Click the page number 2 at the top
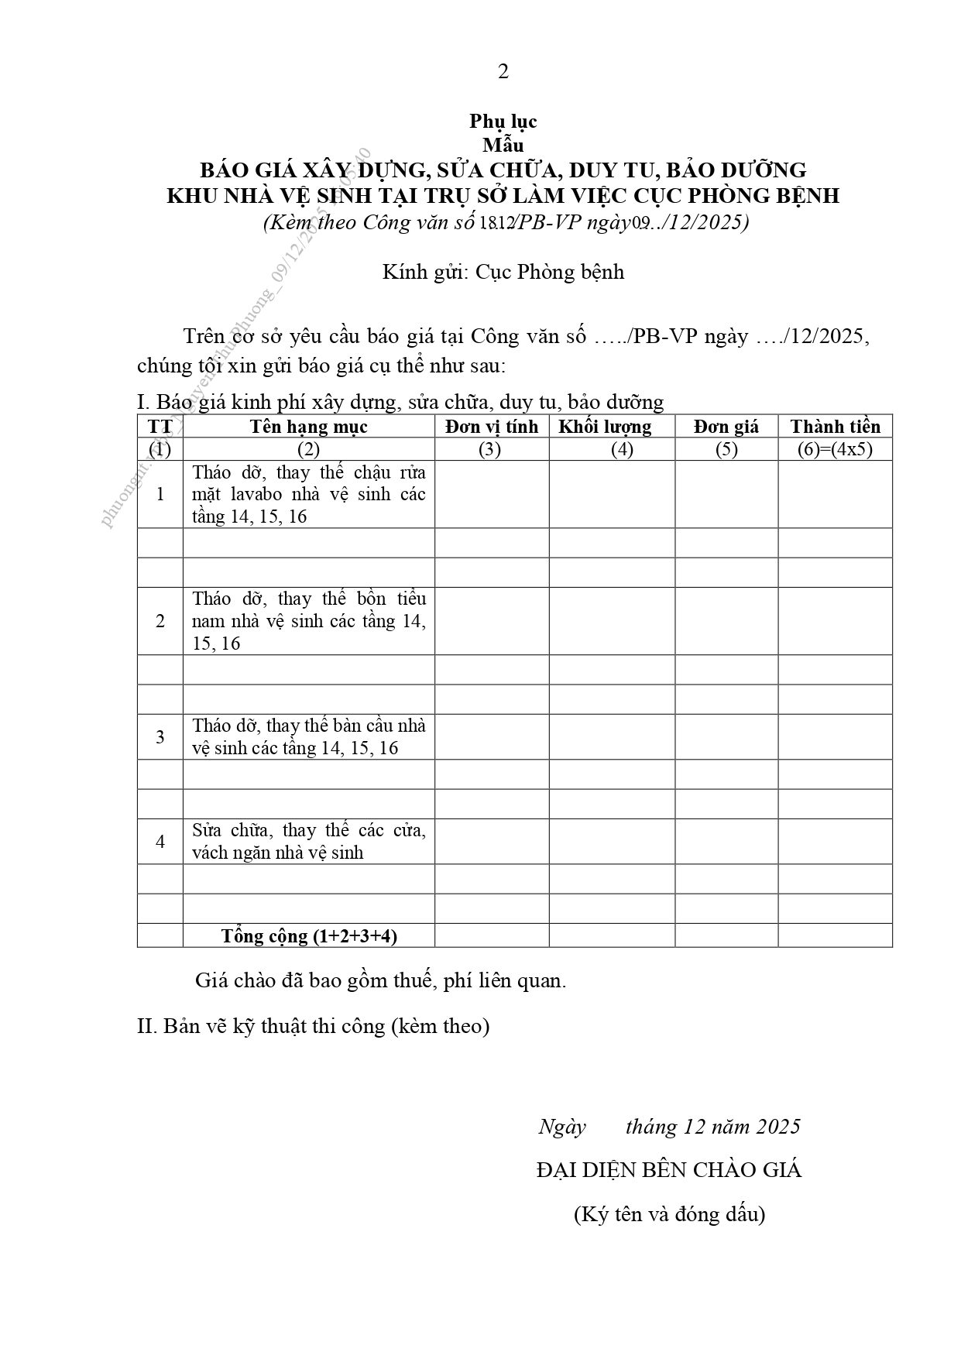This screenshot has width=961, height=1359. click(x=503, y=72)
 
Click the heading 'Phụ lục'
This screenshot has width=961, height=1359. click(x=503, y=122)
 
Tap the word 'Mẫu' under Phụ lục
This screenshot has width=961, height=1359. click(x=503, y=145)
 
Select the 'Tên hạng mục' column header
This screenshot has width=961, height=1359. click(x=308, y=427)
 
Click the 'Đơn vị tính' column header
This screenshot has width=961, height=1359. click(x=491, y=427)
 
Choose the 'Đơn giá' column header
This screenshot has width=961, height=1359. click(x=726, y=427)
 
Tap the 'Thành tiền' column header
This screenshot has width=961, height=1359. click(x=835, y=427)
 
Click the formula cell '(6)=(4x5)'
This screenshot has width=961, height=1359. click(x=835, y=449)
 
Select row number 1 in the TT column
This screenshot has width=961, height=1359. click(x=160, y=494)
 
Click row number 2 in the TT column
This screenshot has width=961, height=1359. click(x=160, y=621)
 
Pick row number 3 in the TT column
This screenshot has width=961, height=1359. click(x=160, y=736)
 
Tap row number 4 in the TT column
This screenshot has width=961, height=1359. click(x=160, y=841)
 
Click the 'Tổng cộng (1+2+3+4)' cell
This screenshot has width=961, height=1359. click(x=309, y=935)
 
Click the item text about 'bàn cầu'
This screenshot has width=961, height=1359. click(x=309, y=736)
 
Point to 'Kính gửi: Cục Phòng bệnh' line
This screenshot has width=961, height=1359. click(x=503, y=273)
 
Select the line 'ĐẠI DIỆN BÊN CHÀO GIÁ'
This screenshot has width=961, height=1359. click(x=669, y=1170)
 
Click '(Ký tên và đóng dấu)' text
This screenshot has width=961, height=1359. click(x=669, y=1214)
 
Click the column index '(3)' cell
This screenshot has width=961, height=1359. click(x=491, y=449)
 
